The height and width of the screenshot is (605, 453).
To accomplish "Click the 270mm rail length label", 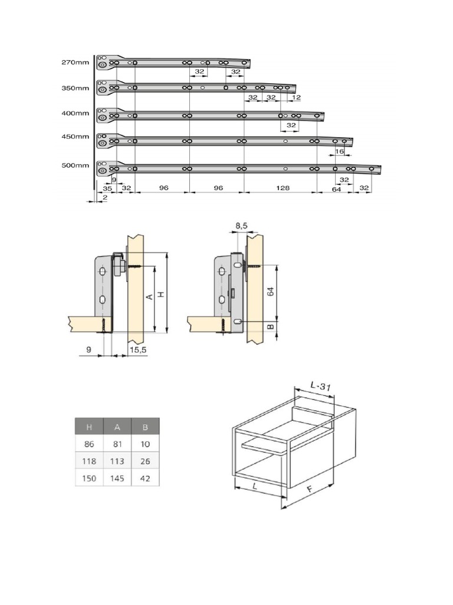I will (x=74, y=62).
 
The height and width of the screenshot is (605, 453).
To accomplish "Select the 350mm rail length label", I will (x=74, y=88).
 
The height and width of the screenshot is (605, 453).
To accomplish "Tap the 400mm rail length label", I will (x=74, y=113).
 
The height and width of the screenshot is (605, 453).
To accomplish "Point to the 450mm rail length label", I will (x=74, y=137).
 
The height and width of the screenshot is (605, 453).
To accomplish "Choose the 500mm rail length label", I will (x=74, y=166).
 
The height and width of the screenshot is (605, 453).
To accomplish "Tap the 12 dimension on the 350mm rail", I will (x=296, y=97).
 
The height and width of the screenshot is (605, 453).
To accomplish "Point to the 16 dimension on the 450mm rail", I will (x=339, y=152).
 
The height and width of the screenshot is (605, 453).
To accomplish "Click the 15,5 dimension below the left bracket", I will (x=139, y=350).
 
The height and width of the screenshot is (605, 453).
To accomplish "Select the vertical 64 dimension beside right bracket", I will (x=271, y=292).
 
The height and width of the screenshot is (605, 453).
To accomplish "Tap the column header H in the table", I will (x=88, y=427).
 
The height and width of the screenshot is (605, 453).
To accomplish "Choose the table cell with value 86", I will (x=88, y=444).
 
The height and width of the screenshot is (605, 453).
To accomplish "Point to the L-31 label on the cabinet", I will (x=321, y=386).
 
